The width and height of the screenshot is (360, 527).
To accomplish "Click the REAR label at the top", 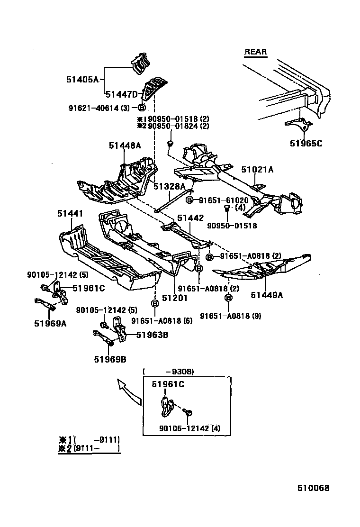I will tap(256, 52).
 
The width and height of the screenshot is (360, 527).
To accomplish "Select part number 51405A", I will tap(82, 80).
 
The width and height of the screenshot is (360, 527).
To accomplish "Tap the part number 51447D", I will tap(121, 94).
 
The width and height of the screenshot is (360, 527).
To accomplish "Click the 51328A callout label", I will tap(170, 186).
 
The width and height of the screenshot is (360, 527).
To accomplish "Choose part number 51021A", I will tap(257, 169).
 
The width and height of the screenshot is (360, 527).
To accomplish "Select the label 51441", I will tap(70, 214).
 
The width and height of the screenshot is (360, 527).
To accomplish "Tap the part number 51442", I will tap(190, 218).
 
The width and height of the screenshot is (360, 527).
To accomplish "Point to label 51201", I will tap(175, 298).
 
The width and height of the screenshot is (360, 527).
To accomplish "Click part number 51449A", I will tap(267, 295).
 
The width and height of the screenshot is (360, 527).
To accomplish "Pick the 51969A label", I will tap(50, 324).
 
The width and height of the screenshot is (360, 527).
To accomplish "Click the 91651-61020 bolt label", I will tap(224, 200).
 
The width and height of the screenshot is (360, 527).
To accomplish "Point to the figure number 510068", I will tap(313, 488).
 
